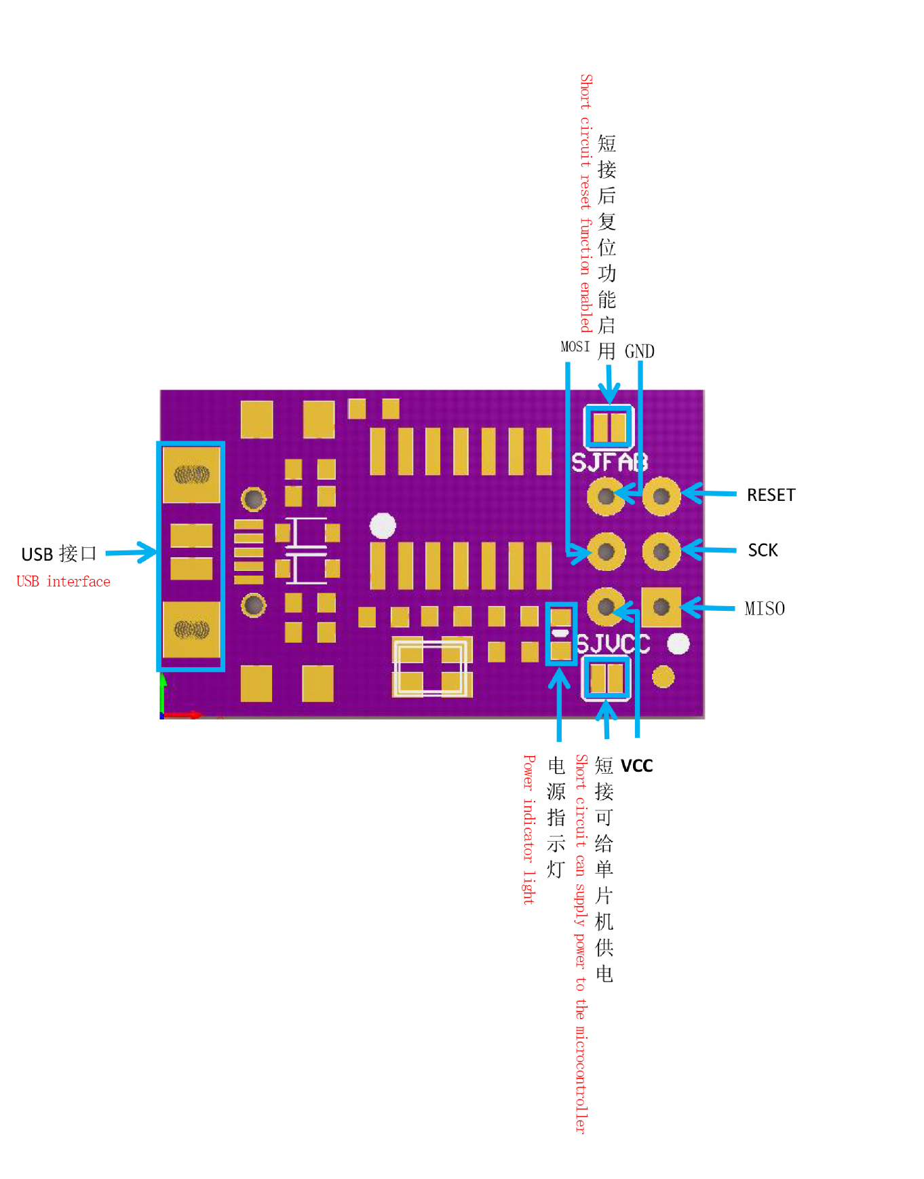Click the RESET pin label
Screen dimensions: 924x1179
(771, 495)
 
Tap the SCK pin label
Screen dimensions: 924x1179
(763, 550)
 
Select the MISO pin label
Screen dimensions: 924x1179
(765, 609)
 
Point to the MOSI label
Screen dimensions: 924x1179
(575, 347)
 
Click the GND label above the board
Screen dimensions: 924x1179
(639, 352)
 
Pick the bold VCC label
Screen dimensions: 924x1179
(636, 766)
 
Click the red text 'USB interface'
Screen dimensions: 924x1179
(63, 582)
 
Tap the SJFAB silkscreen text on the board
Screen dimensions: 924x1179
(609, 462)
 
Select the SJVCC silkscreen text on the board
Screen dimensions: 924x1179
(613, 643)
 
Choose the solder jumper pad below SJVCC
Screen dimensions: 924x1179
(607, 678)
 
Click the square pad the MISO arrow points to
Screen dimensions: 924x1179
(661, 607)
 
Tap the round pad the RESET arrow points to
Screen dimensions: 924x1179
(661, 496)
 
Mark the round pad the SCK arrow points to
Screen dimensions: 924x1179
(661, 551)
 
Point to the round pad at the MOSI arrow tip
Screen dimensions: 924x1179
(606, 552)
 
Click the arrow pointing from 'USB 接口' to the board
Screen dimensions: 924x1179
(132, 553)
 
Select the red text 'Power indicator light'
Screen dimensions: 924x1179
(528, 829)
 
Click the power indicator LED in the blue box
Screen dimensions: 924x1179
(560, 634)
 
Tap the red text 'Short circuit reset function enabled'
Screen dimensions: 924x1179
(586, 203)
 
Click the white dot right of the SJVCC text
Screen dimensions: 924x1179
(678, 643)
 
